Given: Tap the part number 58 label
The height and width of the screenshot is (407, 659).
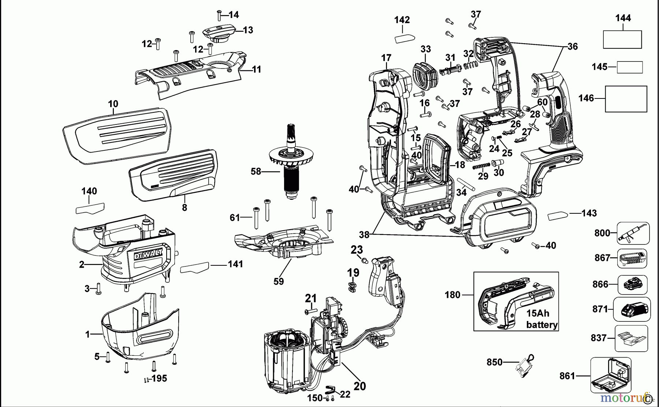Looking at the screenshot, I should (256, 171).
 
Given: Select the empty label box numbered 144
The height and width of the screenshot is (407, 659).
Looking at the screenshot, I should (622, 40).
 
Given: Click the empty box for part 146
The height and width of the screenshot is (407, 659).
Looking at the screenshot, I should (626, 99).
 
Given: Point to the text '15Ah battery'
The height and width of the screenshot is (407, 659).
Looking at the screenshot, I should (541, 319).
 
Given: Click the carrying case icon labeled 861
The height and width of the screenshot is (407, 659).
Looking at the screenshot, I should (610, 376).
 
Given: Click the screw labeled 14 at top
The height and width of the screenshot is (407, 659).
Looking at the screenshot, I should (219, 16).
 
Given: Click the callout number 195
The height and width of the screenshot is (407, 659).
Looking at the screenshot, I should (159, 378).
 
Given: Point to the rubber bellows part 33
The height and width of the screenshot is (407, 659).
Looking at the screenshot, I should (425, 75).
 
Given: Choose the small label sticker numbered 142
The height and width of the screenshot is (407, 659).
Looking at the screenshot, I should (405, 38).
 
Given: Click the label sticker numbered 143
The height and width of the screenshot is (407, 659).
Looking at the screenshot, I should (558, 216).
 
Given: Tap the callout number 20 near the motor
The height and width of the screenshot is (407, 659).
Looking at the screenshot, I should (360, 386).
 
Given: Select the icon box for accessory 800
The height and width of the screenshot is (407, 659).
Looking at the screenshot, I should (633, 233).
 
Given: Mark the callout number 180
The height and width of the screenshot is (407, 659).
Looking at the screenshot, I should (452, 295).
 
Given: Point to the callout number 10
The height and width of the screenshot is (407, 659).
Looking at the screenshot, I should (113, 104).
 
